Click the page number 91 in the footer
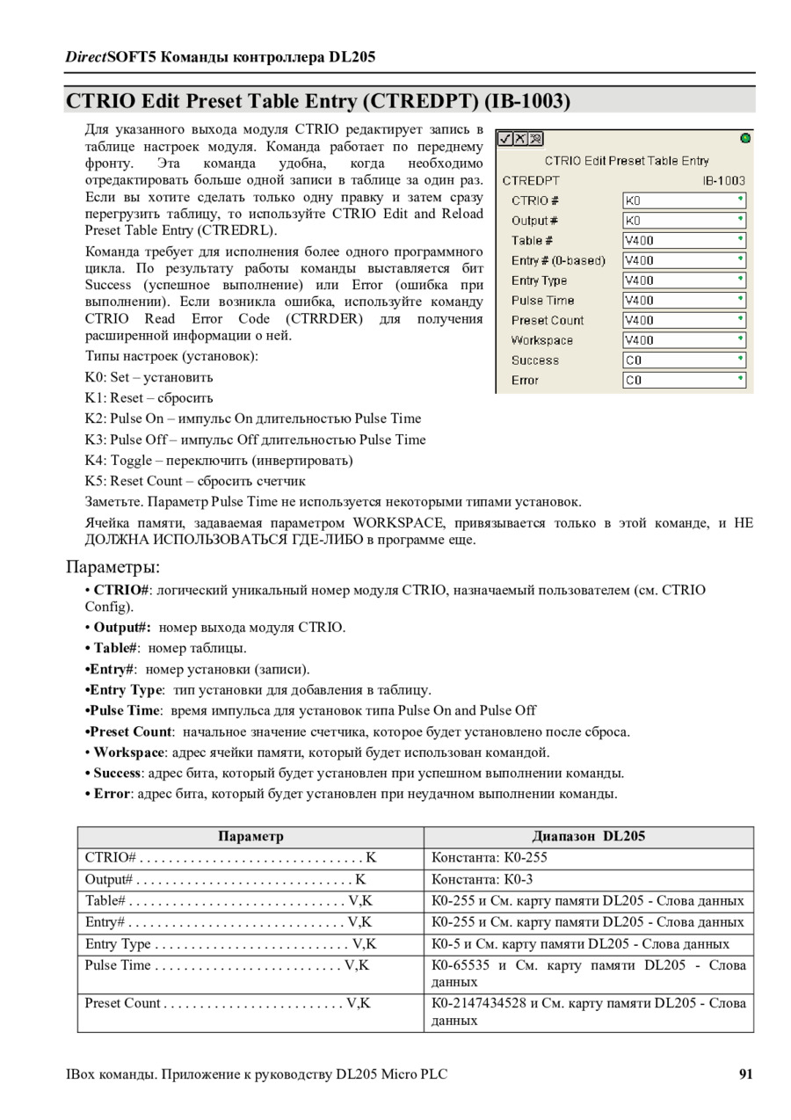click(x=745, y=1073)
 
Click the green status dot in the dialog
click(x=745, y=138)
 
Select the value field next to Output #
click(x=684, y=221)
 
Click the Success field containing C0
click(x=684, y=360)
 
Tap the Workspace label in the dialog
click(x=541, y=340)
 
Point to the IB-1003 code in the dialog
click(x=723, y=180)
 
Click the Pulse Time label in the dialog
click(x=542, y=301)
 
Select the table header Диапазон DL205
click(x=588, y=836)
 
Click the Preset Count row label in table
click(x=123, y=1003)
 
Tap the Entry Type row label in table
click(x=118, y=944)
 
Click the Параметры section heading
click(x=112, y=564)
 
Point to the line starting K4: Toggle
click(x=219, y=461)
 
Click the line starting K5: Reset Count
click(x=195, y=481)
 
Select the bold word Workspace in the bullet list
click(x=129, y=753)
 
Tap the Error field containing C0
click(x=684, y=381)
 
